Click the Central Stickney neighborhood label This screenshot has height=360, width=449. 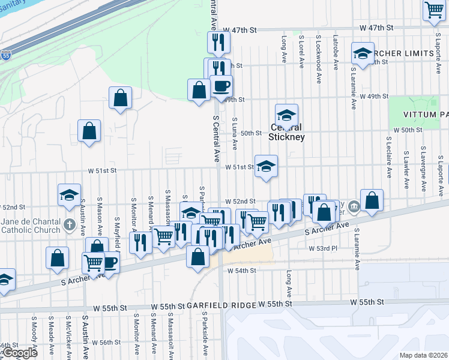tap(287, 132)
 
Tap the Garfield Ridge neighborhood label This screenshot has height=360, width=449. tap(213, 305)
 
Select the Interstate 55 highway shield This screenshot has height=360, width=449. tap(5, 55)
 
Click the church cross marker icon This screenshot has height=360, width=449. tap(70, 229)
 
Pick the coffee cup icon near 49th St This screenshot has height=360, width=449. tap(220, 86)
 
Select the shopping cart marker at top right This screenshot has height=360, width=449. tap(433, 10)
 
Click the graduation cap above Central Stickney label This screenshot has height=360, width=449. tap(287, 114)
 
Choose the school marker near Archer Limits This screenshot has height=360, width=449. tap(363, 53)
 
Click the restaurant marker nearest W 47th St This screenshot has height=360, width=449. tap(218, 41)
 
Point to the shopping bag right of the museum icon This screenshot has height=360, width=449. tap(372, 200)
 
